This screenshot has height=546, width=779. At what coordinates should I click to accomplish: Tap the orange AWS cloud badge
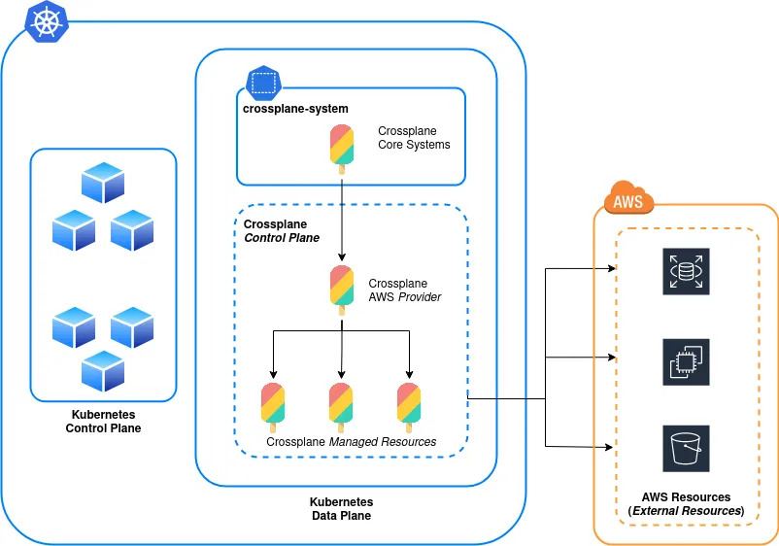coord(627,200)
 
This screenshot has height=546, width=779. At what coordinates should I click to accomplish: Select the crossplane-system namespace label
coord(295,108)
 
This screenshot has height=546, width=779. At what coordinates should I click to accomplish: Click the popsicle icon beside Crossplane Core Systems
coord(341,149)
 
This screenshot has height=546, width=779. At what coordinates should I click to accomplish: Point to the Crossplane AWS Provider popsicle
coord(341,289)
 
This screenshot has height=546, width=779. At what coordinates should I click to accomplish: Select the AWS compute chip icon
coord(686,361)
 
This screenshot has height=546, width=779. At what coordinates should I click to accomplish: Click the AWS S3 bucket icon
coord(686,448)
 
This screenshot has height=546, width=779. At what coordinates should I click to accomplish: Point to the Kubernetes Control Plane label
coord(103,421)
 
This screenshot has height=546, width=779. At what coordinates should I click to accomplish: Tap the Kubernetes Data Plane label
coord(341,509)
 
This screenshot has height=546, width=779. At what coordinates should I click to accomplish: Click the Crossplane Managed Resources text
coord(351,442)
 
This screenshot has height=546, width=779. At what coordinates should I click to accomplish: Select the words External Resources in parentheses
coord(686,511)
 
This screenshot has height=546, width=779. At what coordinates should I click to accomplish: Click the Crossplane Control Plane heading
coord(281,230)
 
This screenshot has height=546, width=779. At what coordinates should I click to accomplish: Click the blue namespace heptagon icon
coord(263,82)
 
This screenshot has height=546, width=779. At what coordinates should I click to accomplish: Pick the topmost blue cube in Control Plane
coord(103,182)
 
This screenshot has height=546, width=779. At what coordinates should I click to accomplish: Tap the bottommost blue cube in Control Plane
coord(103,370)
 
